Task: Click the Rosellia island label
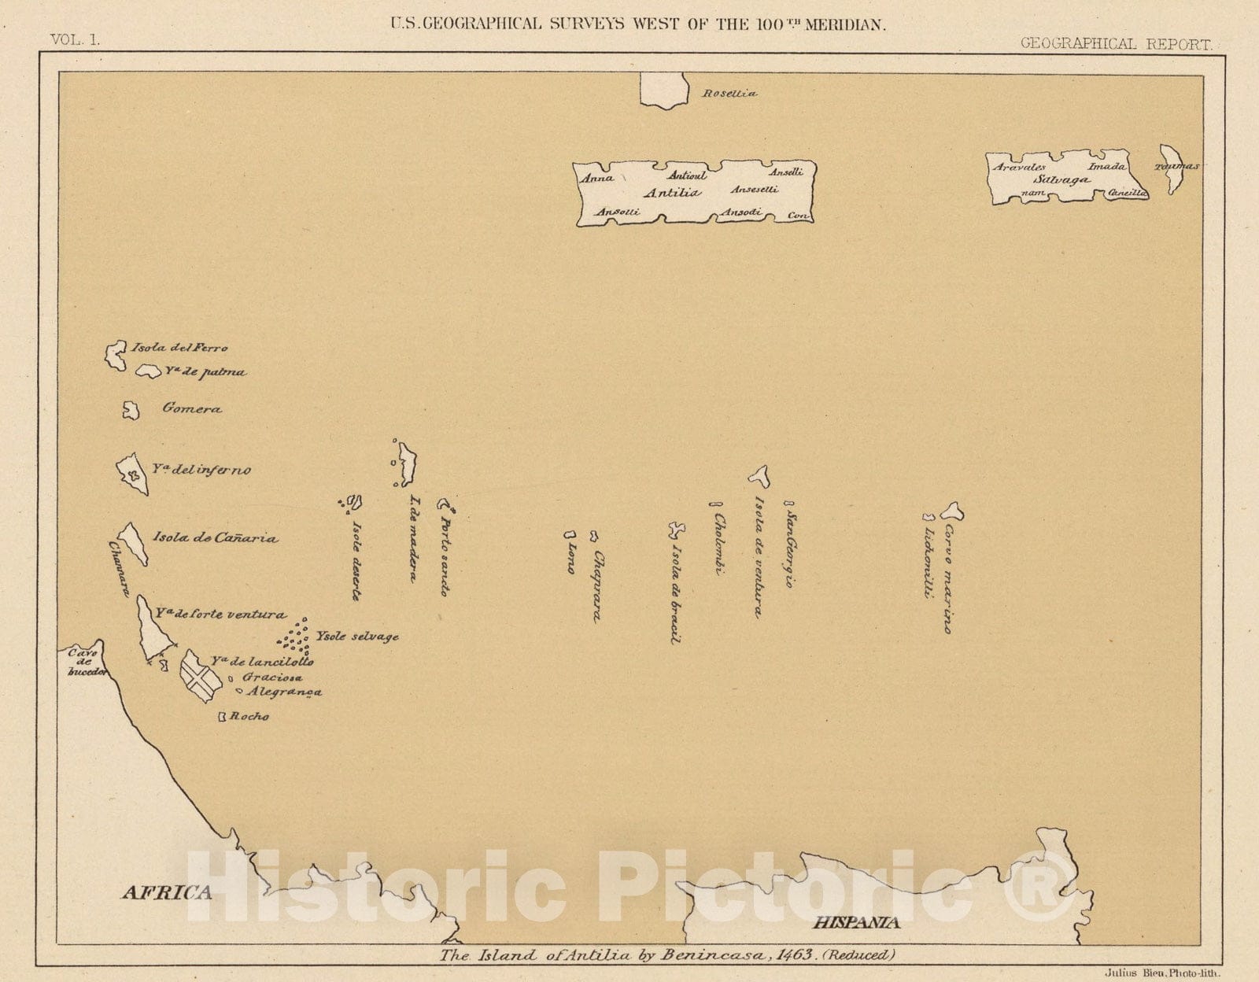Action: pyautogui.click(x=729, y=94)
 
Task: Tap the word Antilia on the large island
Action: pyautogui.click(x=671, y=193)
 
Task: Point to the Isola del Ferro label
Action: pyautogui.click(x=180, y=348)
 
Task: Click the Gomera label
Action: pyautogui.click(x=192, y=409)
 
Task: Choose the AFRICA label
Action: pyautogui.click(x=166, y=892)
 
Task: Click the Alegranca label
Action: pyautogui.click(x=284, y=692)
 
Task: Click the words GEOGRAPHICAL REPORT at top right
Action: pyautogui.click(x=1116, y=43)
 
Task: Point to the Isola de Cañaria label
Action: pyautogui.click(x=215, y=539)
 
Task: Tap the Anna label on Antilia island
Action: pyautogui.click(x=597, y=178)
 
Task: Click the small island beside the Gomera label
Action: pyautogui.click(x=131, y=410)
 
